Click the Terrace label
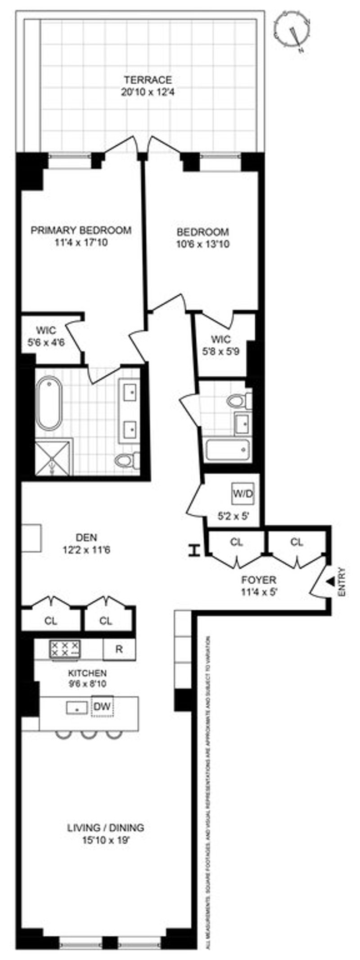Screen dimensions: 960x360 pyautogui.click(x=148, y=80)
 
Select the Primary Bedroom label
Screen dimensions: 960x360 pyautogui.click(x=81, y=230)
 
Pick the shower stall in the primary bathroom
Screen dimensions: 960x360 pyautogui.click(x=54, y=457)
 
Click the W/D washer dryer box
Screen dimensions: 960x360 pyautogui.click(x=243, y=494)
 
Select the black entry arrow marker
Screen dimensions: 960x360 pyautogui.click(x=330, y=582)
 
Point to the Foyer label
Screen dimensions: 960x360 pyautogui.click(x=259, y=580)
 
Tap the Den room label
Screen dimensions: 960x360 pyautogui.click(x=86, y=537)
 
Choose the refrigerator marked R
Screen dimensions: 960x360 pyautogui.click(x=119, y=649)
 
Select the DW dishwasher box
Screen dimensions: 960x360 pyautogui.click(x=103, y=707)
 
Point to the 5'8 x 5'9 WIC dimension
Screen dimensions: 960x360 pyautogui.click(x=220, y=351)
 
